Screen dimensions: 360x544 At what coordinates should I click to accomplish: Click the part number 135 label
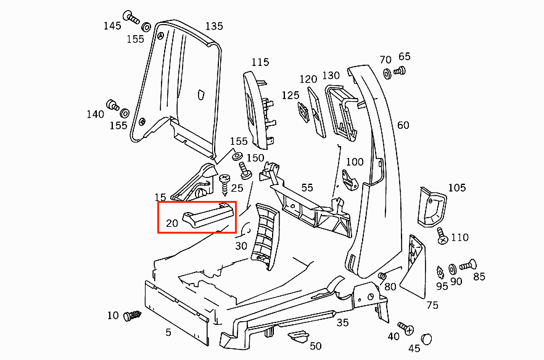214,27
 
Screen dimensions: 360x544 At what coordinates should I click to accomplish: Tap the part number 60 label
403,125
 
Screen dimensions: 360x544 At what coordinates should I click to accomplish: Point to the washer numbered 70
387,74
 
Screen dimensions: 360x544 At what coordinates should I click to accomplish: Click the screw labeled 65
399,71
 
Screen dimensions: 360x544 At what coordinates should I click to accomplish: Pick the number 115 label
260,62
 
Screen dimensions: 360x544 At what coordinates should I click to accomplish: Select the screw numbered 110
442,237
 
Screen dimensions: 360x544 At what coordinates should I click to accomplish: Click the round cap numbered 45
427,339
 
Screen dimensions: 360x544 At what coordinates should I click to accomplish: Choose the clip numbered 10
132,316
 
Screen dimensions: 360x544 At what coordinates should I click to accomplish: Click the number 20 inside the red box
172,223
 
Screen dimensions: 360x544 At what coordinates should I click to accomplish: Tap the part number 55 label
307,187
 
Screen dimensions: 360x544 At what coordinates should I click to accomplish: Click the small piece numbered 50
299,337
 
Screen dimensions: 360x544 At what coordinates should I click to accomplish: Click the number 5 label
168,333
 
